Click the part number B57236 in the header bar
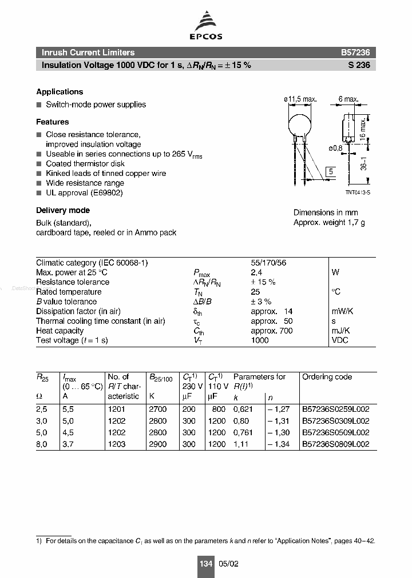click(355, 53)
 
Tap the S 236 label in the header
click(359, 65)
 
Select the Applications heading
click(60, 92)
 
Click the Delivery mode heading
click(63, 210)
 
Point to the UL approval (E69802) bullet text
click(84, 192)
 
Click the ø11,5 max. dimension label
click(300, 99)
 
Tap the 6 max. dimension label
click(348, 99)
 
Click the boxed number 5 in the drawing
click(331, 172)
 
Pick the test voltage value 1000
click(260, 340)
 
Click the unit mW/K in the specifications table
click(343, 311)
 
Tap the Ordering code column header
click(327, 377)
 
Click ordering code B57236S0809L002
click(335, 444)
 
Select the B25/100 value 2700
click(157, 410)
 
